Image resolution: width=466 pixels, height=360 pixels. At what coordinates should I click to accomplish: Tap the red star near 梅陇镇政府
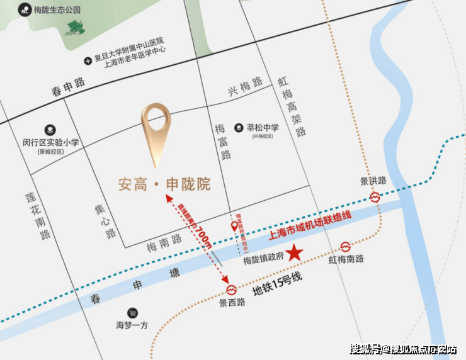click(295, 254)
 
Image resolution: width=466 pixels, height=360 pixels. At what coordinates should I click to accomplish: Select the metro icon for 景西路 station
click(231, 290)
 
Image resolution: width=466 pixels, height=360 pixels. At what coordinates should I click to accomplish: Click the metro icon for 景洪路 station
click(375, 196)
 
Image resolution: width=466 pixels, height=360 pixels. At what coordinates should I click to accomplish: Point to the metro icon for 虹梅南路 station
click(346, 246)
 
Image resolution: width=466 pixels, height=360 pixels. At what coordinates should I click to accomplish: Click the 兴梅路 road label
click(245, 87)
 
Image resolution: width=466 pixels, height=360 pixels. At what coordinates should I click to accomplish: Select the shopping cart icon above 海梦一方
click(132, 313)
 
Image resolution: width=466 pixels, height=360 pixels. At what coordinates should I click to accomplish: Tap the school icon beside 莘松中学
click(239, 128)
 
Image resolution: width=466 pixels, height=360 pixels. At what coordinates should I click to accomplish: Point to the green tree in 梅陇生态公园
click(77, 27)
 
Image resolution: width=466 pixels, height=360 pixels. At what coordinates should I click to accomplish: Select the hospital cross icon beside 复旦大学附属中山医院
click(88, 61)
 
